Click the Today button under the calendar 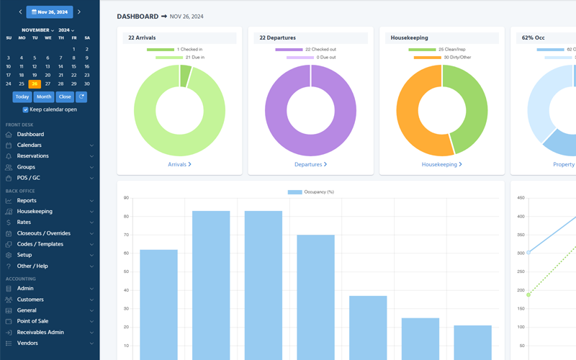click(x=22, y=96)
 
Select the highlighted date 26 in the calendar click(x=35, y=84)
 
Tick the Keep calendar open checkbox click(x=26, y=109)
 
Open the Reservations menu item click(x=33, y=156)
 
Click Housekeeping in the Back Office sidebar click(x=35, y=212)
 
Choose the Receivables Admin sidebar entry click(x=40, y=332)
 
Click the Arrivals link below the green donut click(x=179, y=164)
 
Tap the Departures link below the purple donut click(x=310, y=164)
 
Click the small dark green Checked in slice click(x=186, y=76)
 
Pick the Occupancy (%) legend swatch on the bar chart click(x=295, y=192)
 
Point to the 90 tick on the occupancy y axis click(x=126, y=198)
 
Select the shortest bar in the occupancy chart click(x=472, y=342)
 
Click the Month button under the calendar click(x=44, y=96)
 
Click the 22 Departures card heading click(x=278, y=37)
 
